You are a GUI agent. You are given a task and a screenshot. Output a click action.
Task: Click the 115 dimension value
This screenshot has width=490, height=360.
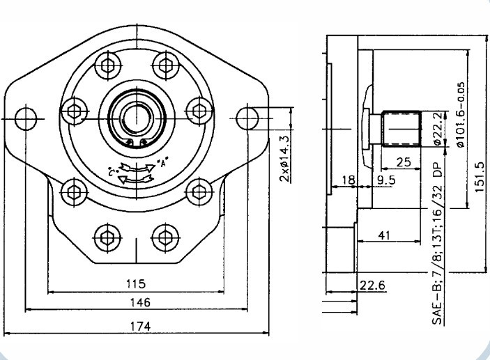tap(135, 283)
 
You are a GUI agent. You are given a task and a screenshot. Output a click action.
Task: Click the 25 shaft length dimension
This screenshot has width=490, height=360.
tap(403, 162)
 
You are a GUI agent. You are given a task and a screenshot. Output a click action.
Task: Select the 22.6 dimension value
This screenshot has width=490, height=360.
tap(372, 285)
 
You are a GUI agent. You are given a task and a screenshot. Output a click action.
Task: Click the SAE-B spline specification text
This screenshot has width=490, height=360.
tap(438, 249)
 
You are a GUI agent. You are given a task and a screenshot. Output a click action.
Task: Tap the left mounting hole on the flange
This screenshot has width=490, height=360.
tap(25, 115)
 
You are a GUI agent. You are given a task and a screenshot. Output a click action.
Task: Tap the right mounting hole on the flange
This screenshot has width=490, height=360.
tap(247, 115)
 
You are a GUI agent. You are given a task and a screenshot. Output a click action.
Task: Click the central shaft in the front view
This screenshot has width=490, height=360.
tap(135, 114)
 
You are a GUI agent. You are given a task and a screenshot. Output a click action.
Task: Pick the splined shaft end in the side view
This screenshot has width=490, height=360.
tap(403, 130)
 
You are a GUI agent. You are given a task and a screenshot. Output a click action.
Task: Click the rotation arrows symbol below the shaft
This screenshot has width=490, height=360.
tap(135, 172)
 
